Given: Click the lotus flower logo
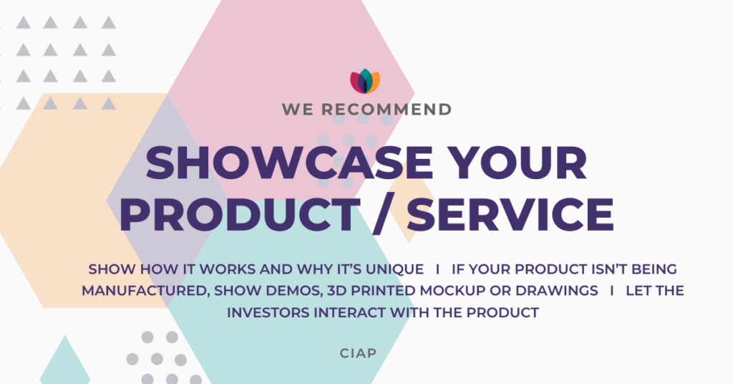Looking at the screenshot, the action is click(365, 82).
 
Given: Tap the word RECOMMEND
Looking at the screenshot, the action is click(386, 110).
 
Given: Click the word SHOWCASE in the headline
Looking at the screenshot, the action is click(290, 163).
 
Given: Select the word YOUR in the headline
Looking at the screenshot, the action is click(520, 163).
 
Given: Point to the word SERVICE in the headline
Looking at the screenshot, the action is click(511, 214).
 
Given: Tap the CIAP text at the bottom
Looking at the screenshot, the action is click(358, 353).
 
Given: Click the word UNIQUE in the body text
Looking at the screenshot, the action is click(394, 269).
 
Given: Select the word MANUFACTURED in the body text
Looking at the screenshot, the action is click(145, 291).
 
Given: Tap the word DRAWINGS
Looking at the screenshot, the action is click(557, 291).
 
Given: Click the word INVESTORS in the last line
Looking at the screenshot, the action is click(268, 312).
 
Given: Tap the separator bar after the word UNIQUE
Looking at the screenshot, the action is click(437, 269).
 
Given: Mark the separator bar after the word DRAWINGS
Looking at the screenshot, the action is click(612, 291).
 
